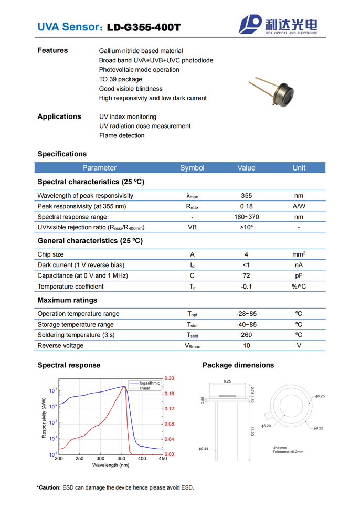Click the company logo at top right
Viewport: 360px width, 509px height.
(279, 25)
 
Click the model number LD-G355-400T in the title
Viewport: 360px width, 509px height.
(143, 27)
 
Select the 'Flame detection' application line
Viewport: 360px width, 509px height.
(122, 135)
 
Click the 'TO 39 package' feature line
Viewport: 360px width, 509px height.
(121, 79)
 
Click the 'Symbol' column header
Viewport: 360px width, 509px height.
(192, 168)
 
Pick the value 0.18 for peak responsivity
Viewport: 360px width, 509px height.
(246, 206)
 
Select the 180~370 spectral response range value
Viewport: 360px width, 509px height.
(246, 217)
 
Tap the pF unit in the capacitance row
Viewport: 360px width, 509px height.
(299, 275)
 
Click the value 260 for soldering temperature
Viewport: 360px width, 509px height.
(246, 335)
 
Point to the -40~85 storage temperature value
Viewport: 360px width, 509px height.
(246, 324)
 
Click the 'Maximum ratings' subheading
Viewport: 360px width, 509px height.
(67, 300)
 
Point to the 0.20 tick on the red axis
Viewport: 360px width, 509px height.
(170, 378)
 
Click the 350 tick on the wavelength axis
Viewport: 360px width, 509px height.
(121, 459)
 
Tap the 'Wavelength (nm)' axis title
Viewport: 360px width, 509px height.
(111, 465)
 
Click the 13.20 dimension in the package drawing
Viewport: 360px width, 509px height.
(252, 430)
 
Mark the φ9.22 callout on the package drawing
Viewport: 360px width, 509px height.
(318, 428)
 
